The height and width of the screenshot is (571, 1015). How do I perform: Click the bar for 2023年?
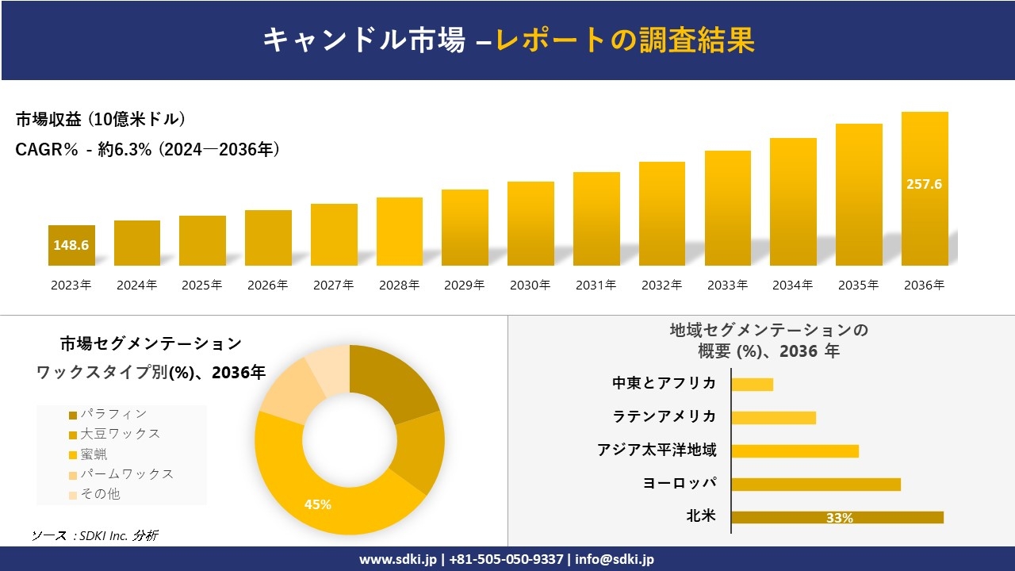click(71, 245)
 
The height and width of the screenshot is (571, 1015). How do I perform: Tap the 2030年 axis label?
click(530, 285)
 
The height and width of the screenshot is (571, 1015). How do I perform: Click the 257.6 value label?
click(924, 184)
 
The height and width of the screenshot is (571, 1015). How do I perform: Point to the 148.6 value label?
click(71, 245)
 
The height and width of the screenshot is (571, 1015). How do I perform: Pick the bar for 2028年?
click(399, 232)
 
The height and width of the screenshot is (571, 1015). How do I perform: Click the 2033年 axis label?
click(727, 285)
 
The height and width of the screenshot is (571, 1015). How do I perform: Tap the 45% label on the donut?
click(318, 504)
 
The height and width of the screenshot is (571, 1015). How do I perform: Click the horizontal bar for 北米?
click(837, 517)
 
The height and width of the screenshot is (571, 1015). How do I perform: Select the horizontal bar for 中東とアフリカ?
click(752, 385)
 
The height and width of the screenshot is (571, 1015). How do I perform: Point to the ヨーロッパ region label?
click(680, 484)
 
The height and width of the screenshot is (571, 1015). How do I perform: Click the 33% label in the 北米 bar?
click(839, 518)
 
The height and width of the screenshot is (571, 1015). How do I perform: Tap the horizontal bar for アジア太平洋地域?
click(795, 451)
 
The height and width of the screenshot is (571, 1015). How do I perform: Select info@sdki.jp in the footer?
click(615, 559)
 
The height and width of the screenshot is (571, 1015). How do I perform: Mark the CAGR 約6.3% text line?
click(147, 150)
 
